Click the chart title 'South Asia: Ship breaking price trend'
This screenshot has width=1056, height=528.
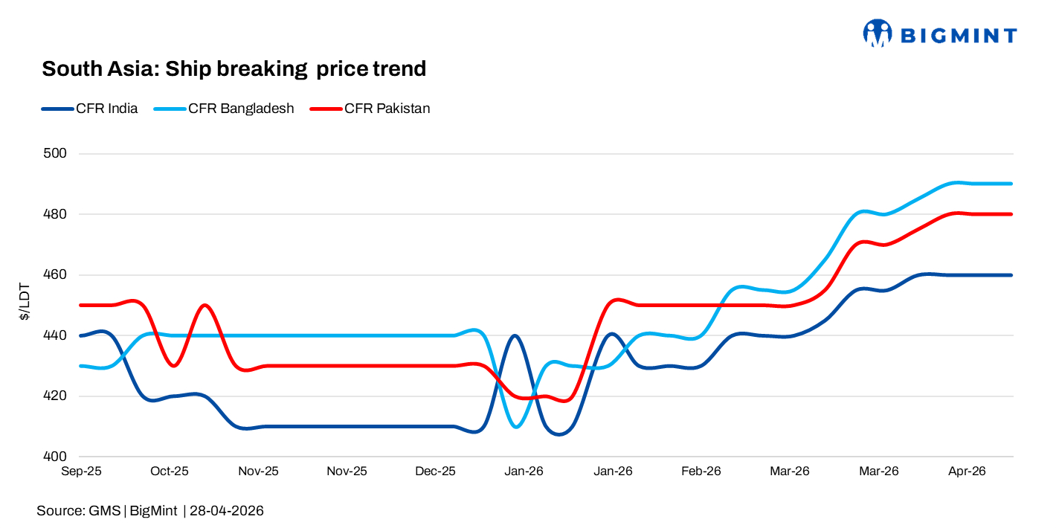pyautogui.click(x=234, y=69)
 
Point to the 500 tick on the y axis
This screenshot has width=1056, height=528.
pyautogui.click(x=57, y=154)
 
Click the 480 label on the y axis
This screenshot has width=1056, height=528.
pyautogui.click(x=57, y=214)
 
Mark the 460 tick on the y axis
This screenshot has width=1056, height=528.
pyautogui.click(x=57, y=275)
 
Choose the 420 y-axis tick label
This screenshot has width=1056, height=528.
pyautogui.click(x=57, y=396)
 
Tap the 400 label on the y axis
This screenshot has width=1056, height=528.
pyautogui.click(x=57, y=457)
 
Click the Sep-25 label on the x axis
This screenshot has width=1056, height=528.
pyautogui.click(x=81, y=471)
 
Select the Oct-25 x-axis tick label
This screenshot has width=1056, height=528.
pyautogui.click(x=170, y=471)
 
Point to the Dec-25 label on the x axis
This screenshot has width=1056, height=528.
pyautogui.click(x=435, y=471)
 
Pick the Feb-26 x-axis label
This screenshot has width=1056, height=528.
pyautogui.click(x=701, y=471)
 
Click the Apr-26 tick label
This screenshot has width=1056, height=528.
pyautogui.click(x=966, y=471)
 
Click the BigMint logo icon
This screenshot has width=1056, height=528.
pyautogui.click(x=878, y=33)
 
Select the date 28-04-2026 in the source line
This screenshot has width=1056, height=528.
pyautogui.click(x=227, y=511)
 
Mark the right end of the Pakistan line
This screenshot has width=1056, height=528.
pyautogui.click(x=1012, y=214)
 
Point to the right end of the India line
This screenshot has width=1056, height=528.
pyautogui.click(x=1012, y=275)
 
